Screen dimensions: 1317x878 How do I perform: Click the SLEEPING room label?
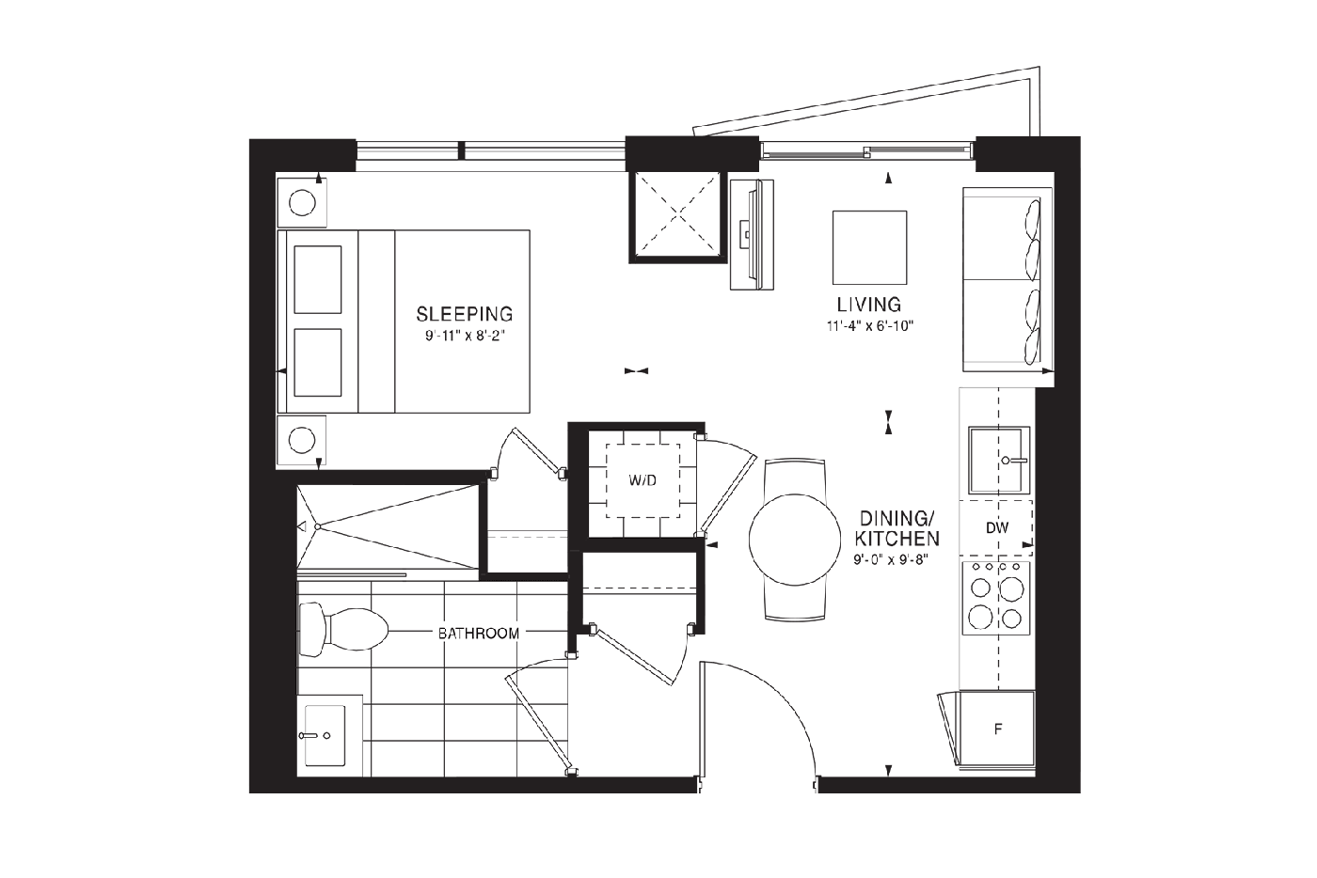pos(465,314)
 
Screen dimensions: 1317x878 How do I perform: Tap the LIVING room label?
pos(869,305)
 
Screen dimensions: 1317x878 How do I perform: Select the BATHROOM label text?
pos(479,634)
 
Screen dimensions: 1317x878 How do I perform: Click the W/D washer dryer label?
pos(643,480)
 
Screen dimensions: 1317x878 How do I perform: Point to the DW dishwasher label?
pos(997,527)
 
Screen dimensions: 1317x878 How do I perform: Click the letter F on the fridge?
pos(998,729)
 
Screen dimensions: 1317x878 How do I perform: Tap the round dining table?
pos(795,540)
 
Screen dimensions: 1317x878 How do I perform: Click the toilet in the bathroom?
pos(343,630)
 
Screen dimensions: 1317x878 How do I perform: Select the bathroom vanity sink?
pos(325,735)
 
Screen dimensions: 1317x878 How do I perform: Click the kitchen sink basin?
pos(999,460)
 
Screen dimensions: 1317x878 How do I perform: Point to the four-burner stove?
pos(996,598)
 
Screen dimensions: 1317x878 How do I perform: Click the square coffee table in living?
pos(869,247)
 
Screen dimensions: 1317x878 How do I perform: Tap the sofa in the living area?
pos(1008,279)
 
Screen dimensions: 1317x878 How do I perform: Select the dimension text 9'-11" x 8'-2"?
pos(466,337)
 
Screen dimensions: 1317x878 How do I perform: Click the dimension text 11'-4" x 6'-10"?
pos(870,326)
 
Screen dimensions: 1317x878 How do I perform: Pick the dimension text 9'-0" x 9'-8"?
pos(891,560)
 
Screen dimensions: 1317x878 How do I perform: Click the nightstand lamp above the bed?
pos(302,203)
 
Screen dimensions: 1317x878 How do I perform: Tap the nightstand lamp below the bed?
pos(302,440)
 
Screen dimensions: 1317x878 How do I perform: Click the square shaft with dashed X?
pos(678,216)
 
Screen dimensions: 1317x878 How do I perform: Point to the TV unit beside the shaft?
pos(752,234)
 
